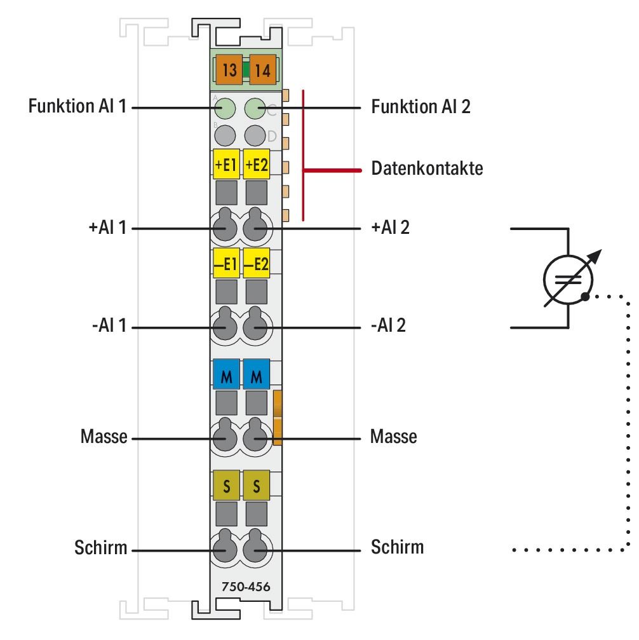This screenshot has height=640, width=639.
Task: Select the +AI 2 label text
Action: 390,227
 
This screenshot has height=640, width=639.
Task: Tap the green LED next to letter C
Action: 255,109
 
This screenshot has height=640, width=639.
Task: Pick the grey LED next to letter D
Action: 255,134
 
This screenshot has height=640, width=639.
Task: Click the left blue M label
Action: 225,375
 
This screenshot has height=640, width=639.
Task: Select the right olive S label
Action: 257,486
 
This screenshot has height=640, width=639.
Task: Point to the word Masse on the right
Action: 394,437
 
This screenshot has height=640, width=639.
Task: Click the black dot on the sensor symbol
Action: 585,296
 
